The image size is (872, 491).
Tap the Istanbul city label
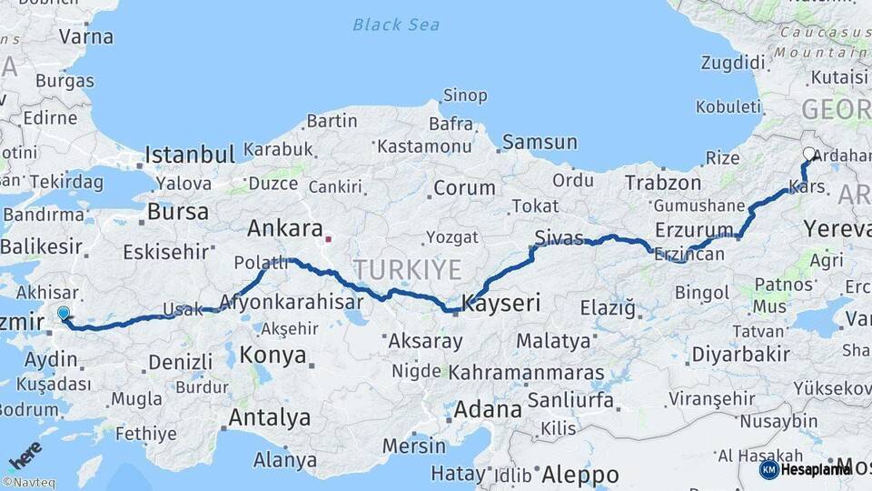coord(190,153)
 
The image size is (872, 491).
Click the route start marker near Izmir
coord(63,314)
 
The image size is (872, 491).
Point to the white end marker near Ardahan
coord(809,154)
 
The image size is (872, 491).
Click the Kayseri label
coord(502,304)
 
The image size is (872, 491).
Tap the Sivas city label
coord(559,238)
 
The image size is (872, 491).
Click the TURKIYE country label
coord(408,268)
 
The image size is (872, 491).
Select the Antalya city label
coord(270,418)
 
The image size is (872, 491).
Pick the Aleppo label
coord(580,475)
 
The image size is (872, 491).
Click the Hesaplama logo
coord(806,469)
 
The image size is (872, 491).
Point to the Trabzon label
coord(663,183)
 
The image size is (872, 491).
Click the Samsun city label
coord(540,142)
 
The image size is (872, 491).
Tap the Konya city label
coord(273,356)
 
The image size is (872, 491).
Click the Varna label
coord(86,37)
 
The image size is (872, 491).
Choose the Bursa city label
coord(178,212)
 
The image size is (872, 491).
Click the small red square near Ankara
coord(329,241)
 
